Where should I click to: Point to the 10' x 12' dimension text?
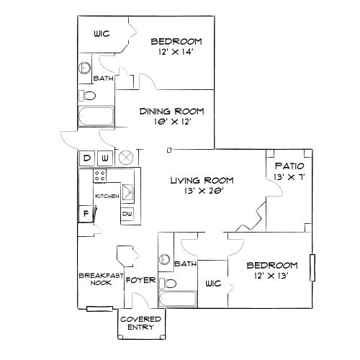pos(171,123)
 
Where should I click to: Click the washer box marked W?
pos(104,158)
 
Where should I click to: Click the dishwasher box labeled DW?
pos(127,213)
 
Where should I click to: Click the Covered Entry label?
pos(140,323)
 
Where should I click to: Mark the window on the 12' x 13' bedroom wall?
pos(312,267)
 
